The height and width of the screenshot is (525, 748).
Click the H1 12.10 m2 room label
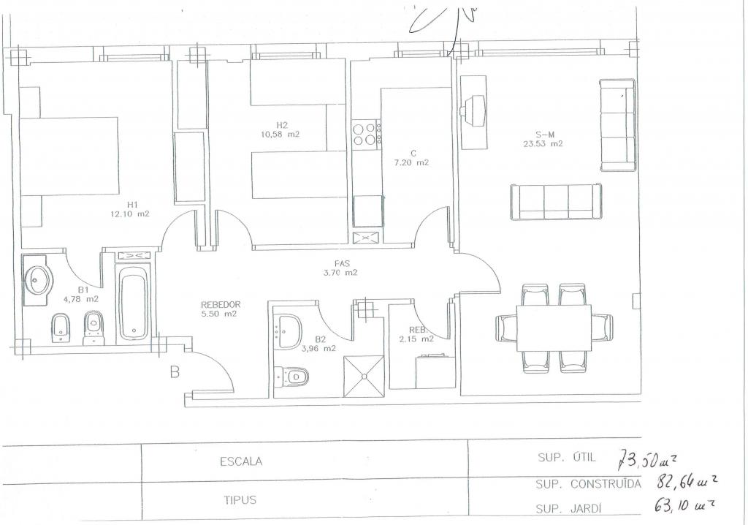tap(130, 209)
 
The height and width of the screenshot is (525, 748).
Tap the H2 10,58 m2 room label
tap(280, 129)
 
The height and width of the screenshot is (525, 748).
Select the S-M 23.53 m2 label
tap(543, 139)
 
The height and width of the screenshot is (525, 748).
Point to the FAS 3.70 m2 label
tap(340, 268)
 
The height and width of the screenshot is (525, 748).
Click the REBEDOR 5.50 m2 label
tap(219, 309)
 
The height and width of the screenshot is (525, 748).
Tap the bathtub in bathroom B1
tap(134, 302)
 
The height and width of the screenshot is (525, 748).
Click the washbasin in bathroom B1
tap(39, 280)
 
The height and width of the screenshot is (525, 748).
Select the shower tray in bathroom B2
tap(364, 377)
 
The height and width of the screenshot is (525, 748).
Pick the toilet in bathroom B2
tap(292, 376)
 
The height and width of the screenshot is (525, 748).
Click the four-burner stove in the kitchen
tap(367, 133)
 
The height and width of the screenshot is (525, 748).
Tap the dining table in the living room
tap(554, 328)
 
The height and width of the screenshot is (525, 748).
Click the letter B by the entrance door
tap(175, 372)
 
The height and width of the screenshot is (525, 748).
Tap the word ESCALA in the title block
tap(241, 461)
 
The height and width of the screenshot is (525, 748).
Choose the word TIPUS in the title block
tap(240, 499)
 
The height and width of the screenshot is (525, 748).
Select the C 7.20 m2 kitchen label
tap(411, 158)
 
